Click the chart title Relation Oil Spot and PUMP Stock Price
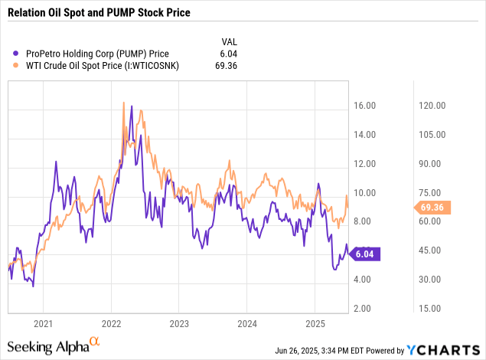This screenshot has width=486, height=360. coord(99,13)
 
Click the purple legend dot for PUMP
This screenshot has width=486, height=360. coord(17,53)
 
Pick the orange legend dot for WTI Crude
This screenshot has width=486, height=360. coord(17,66)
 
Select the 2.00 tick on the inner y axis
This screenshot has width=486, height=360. coord(364,308)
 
